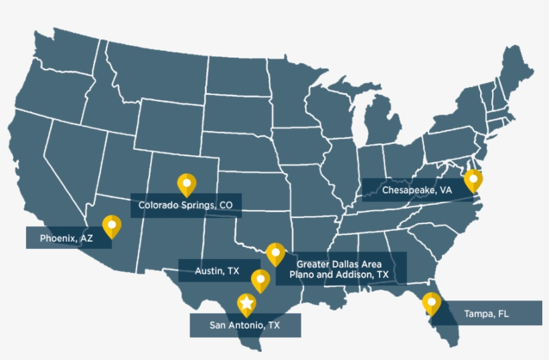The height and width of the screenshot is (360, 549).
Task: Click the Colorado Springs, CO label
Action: tap(185, 206)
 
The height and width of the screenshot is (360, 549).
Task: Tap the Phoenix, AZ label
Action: tap(66, 238)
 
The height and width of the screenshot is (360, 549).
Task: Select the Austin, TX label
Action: tap(218, 271)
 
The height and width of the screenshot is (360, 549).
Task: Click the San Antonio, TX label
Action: tap(245, 325)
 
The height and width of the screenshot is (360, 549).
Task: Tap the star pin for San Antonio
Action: tap(247, 304)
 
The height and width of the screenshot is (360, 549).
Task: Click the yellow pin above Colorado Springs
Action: tap(186, 183)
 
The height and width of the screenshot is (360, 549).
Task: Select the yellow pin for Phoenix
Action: tap(111, 226)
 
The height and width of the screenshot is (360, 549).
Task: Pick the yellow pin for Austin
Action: tap(260, 279)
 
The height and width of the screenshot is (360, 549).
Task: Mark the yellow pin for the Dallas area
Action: tap(275, 253)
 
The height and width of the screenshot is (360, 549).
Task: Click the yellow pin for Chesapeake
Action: tap(473, 179)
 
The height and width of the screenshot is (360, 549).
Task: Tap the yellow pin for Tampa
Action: tap(432, 303)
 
